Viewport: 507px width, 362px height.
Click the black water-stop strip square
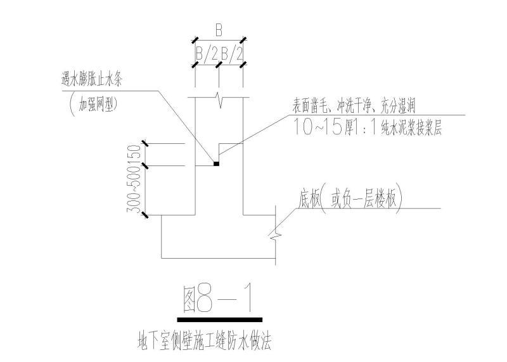[x=216, y=164]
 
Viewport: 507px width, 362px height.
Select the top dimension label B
[x=219, y=30]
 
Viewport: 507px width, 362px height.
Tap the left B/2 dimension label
[x=207, y=55]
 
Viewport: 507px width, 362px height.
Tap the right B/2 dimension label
[x=231, y=55]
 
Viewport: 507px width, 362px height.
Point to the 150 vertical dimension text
[x=134, y=155]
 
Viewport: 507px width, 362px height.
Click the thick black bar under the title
[x=219, y=319]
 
